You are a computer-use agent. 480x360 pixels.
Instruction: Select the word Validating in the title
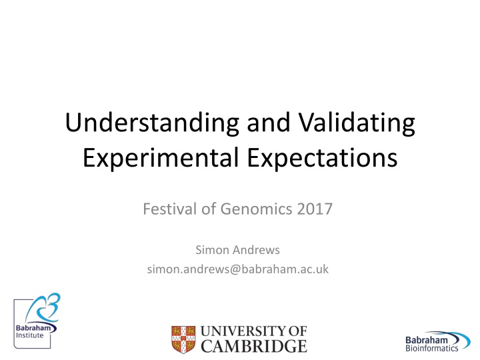coord(357,123)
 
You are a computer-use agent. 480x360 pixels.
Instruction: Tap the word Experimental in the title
coord(161,158)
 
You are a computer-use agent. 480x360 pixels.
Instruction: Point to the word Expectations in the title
coord(323,158)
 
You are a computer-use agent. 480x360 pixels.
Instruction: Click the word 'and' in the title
coord(269,123)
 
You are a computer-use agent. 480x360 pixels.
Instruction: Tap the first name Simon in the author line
coord(209,250)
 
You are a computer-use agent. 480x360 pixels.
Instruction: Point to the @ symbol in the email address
coord(235,269)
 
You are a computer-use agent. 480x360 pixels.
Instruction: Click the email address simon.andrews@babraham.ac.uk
coord(238,269)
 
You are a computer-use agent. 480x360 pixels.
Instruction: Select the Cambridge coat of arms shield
coord(183,339)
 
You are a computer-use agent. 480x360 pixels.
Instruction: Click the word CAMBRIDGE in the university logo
coord(254,346)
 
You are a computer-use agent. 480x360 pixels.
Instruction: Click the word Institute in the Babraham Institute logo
coord(30,335)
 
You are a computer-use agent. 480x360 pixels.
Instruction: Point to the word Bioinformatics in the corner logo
coord(431,348)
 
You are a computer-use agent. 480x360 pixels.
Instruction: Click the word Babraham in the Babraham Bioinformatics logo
coord(427,340)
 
